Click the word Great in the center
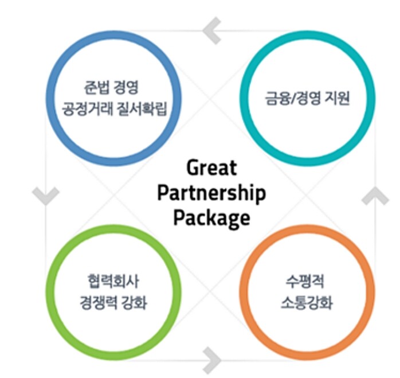[x=211, y=168]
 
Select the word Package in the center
[x=211, y=218]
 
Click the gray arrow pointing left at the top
[x=212, y=31]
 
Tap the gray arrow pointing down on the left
[x=45, y=196]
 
